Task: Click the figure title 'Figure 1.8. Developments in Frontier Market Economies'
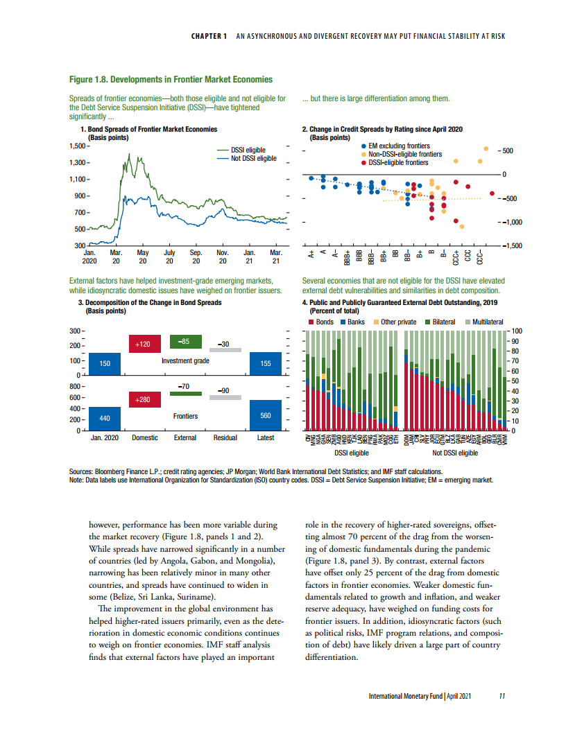pyautogui.click(x=171, y=80)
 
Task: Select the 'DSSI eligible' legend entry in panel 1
pyautogui.click(x=248, y=150)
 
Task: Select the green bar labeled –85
pyautogui.click(x=185, y=342)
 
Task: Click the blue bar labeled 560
pyautogui.click(x=266, y=415)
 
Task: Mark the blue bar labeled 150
pyautogui.click(x=105, y=363)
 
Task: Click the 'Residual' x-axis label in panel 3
pyautogui.click(x=225, y=437)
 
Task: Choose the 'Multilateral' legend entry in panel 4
pyautogui.click(x=490, y=322)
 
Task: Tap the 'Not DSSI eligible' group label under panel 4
pyautogui.click(x=455, y=453)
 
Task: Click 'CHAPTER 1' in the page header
pyautogui.click(x=209, y=37)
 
